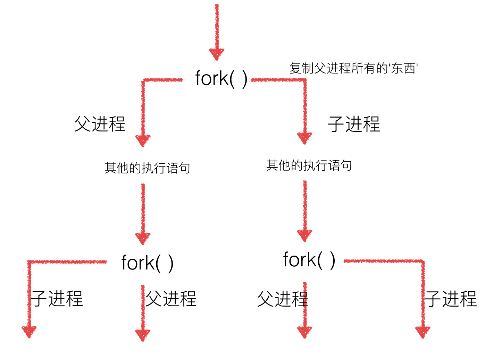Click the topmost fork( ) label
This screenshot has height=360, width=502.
click(x=221, y=78)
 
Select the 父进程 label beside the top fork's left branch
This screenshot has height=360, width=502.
click(x=100, y=124)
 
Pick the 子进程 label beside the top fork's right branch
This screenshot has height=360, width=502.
click(x=354, y=124)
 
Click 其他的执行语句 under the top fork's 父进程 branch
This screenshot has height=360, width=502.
click(x=147, y=168)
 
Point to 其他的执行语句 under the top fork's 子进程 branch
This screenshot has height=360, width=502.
click(x=309, y=165)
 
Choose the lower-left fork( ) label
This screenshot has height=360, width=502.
click(x=147, y=263)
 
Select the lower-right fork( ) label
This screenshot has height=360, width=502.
click(x=309, y=260)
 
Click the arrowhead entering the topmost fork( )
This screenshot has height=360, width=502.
click(x=217, y=54)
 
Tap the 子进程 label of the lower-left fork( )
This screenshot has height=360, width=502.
click(x=57, y=298)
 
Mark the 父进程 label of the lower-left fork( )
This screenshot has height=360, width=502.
click(x=171, y=298)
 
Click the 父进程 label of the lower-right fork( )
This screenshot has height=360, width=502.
click(x=282, y=299)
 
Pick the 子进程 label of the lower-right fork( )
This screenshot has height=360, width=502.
click(x=451, y=299)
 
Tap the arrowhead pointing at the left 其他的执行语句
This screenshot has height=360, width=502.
click(x=143, y=140)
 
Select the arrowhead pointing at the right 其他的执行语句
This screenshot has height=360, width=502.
click(x=304, y=138)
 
